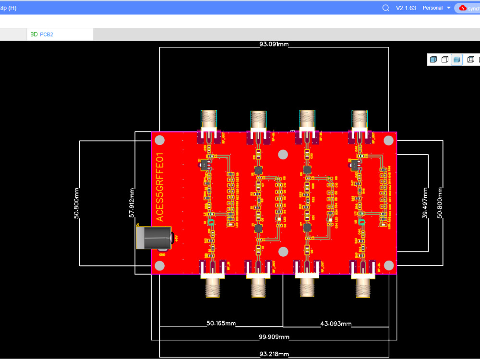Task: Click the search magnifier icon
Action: (x=386, y=8)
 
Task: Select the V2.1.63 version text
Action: (x=406, y=8)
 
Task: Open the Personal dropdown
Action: (x=436, y=8)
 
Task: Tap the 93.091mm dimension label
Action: (x=274, y=44)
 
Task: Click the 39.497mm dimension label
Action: (x=424, y=203)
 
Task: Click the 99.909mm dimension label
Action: (x=274, y=337)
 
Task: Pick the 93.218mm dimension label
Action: (x=274, y=354)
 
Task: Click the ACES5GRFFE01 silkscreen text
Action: (x=160, y=188)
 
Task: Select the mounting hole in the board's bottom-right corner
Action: (x=389, y=265)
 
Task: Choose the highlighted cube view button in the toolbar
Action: (x=457, y=60)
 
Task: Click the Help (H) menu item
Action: (x=8, y=8)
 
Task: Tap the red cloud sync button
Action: (x=468, y=8)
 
